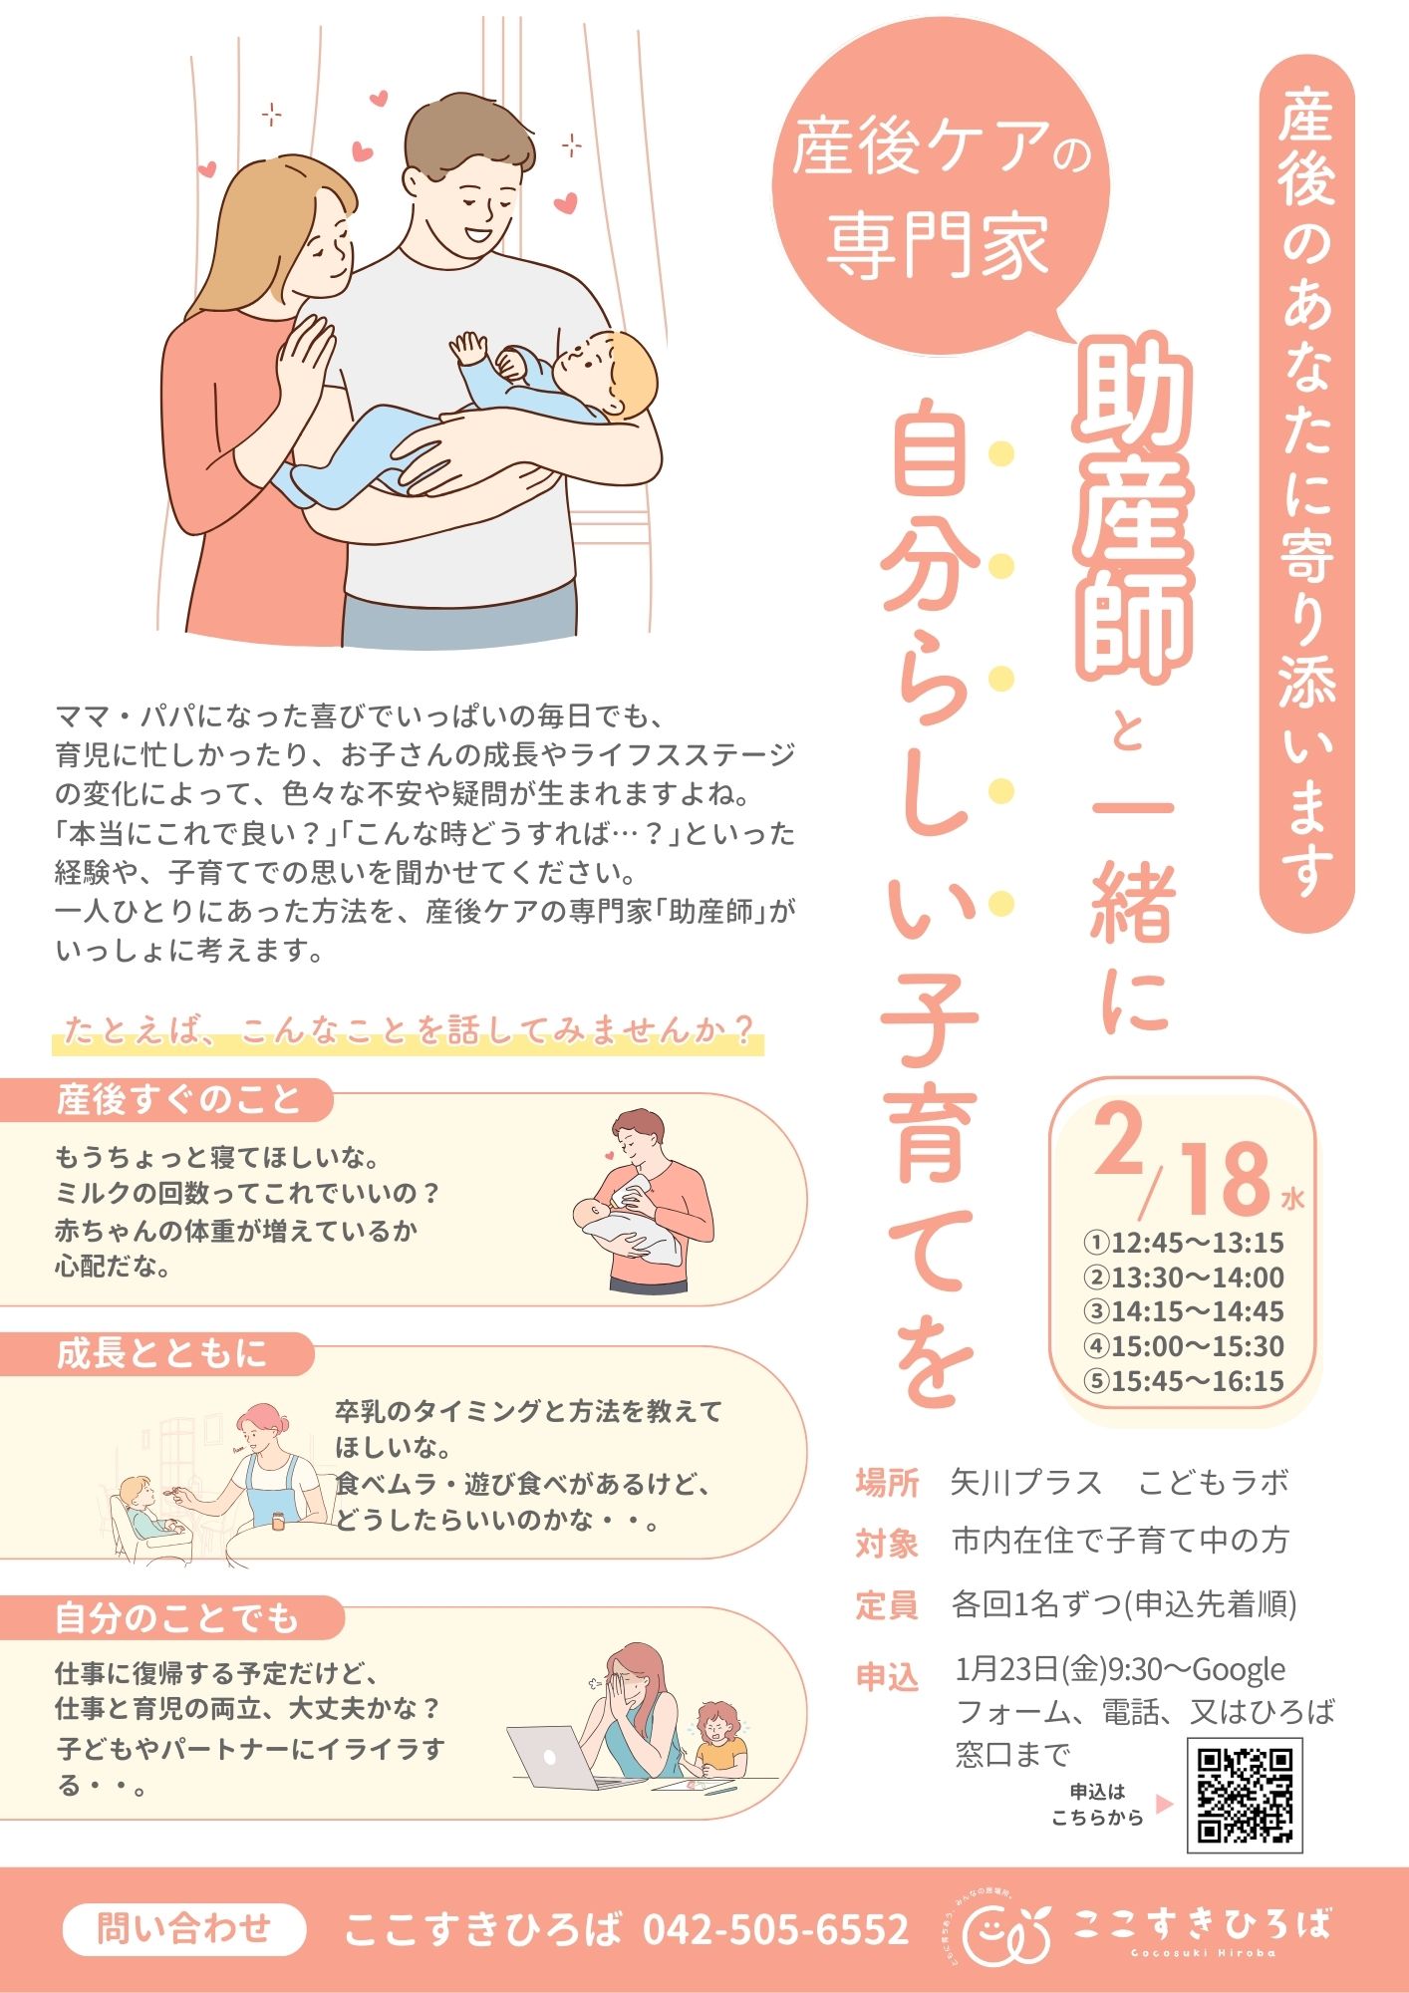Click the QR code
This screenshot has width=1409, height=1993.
[1245, 1795]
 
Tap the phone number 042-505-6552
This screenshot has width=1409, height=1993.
[775, 1929]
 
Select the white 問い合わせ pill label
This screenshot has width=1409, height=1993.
[184, 1928]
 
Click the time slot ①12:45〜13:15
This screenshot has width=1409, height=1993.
[1184, 1243]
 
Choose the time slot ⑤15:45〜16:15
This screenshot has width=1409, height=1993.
[1184, 1381]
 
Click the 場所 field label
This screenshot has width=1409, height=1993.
[887, 1483]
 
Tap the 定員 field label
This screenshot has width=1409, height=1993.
[887, 1605]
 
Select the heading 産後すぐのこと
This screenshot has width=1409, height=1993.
[178, 1100]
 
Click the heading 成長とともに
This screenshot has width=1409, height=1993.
[162, 1353]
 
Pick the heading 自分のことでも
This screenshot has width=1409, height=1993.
[177, 1618]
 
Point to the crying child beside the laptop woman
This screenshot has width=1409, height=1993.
[718, 1738]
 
